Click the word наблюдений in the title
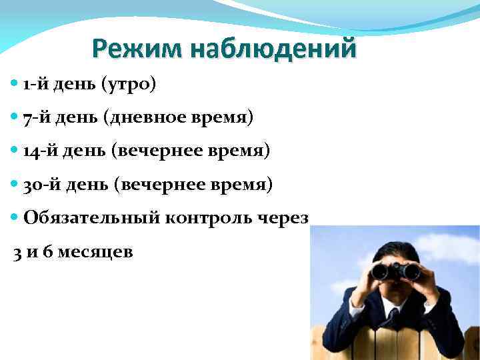point(273,49)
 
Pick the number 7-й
point(35,118)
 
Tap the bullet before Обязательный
point(15,217)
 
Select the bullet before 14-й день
point(15,151)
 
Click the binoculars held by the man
point(396,271)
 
